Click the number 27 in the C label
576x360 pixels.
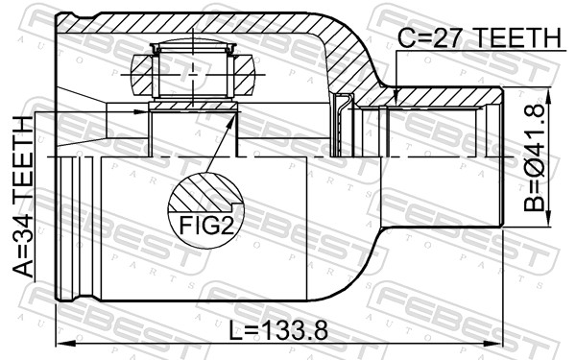[449, 37]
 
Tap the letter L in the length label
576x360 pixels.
[237, 329]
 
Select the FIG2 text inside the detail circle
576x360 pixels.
[204, 227]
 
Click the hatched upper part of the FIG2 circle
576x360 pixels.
[204, 191]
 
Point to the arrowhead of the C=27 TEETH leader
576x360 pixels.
[396, 95]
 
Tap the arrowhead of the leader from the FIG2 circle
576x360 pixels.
[235, 115]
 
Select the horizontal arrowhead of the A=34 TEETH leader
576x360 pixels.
[144, 113]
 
